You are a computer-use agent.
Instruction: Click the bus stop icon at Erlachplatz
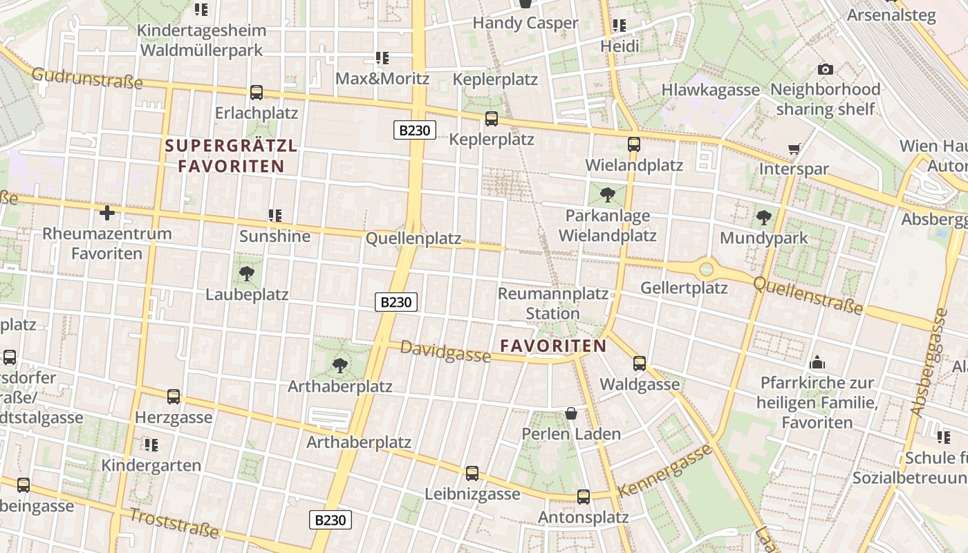(257, 92)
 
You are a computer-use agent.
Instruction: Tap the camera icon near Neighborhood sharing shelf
(825, 69)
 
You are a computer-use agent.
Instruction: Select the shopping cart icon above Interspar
(794, 149)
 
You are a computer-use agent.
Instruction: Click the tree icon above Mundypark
(763, 218)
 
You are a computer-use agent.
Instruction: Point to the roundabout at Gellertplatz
(706, 268)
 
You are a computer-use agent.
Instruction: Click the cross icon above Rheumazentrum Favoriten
(107, 213)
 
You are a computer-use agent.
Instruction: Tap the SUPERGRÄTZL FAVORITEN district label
(231, 156)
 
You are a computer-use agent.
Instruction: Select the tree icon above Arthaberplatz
(339, 365)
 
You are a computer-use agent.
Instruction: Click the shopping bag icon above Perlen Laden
(571, 413)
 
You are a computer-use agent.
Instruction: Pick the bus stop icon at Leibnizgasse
(472, 473)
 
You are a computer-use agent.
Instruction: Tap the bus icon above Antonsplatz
(584, 496)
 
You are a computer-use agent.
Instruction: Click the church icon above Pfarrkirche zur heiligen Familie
(817, 362)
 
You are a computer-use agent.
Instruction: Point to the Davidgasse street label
(445, 352)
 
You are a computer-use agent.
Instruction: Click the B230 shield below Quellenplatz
(396, 301)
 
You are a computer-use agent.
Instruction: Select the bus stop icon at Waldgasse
(640, 363)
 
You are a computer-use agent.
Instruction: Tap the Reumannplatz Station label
(552, 303)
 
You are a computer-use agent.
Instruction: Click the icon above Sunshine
(275, 216)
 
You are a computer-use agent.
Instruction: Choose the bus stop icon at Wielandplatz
(634, 144)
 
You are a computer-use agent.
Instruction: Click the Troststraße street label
(174, 523)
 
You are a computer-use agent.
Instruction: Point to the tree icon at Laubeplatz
(246, 274)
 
